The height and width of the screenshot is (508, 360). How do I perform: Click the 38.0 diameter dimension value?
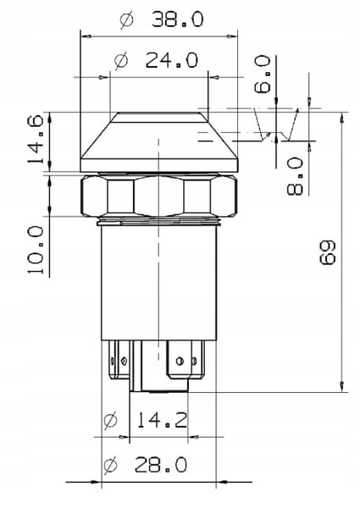[x=178, y=19]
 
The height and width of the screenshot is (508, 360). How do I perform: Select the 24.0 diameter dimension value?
[x=171, y=60]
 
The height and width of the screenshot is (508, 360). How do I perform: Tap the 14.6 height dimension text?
[x=36, y=140]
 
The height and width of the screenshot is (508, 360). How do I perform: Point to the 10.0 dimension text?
[x=36, y=250]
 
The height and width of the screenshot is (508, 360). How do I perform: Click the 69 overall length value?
[x=328, y=252]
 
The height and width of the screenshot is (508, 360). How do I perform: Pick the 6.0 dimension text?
[x=262, y=75]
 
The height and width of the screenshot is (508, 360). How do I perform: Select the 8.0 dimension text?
[x=295, y=176]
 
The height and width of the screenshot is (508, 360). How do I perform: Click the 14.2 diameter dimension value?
[x=162, y=420]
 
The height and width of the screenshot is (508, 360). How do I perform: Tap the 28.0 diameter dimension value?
[x=161, y=464]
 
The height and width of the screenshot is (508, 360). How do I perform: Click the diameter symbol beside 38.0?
[x=126, y=19]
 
